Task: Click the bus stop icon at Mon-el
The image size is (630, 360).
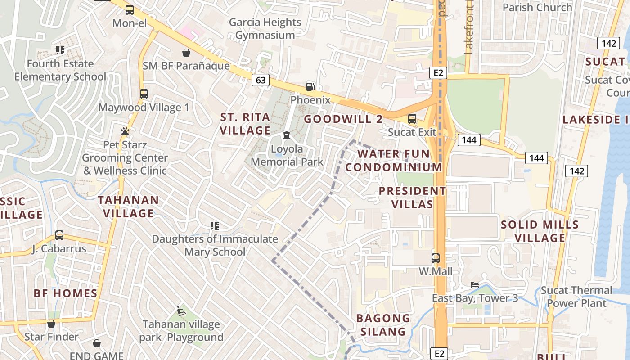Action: point(130,9)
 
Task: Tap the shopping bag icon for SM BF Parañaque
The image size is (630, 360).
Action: point(186,53)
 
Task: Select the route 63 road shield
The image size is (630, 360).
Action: point(261,80)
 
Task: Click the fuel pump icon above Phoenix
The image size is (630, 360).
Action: point(310,86)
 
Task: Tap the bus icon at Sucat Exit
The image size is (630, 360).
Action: point(412,119)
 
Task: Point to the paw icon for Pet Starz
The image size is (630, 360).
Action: point(125,131)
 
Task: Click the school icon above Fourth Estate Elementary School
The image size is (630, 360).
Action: point(60,50)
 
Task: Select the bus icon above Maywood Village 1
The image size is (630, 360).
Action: point(144,94)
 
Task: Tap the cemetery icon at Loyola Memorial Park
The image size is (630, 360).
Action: point(287,135)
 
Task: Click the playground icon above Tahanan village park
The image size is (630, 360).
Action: point(181,311)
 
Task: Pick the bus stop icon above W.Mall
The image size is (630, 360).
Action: point(436,258)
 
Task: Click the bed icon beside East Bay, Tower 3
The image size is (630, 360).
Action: point(475,284)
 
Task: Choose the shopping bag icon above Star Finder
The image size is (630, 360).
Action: point(51,324)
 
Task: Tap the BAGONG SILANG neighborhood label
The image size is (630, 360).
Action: point(383,325)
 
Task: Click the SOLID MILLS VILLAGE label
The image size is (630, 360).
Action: point(540,231)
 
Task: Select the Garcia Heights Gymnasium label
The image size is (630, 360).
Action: point(265,28)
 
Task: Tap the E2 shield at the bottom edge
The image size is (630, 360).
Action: point(439,354)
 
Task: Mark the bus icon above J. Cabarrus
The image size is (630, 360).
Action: point(59,235)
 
